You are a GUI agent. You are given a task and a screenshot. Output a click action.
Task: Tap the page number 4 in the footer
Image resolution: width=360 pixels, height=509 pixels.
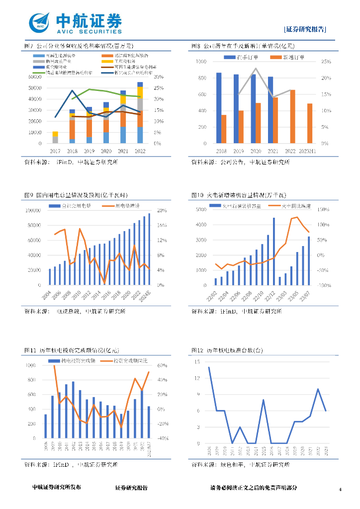[x=340, y=490]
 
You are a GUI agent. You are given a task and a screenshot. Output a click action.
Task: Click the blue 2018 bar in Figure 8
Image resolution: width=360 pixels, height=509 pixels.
[x=219, y=108]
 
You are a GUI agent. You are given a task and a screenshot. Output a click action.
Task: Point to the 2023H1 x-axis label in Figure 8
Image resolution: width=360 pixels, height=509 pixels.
[x=310, y=150]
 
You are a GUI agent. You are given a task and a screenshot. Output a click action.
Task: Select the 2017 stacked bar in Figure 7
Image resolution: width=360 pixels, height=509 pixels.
[x=55, y=137]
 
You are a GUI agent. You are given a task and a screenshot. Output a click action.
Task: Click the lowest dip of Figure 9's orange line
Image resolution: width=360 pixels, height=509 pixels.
[x=104, y=283]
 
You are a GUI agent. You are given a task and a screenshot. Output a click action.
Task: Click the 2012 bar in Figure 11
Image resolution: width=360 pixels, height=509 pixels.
[x=73, y=412]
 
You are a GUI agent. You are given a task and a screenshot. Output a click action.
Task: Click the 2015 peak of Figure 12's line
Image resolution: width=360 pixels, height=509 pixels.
[x=264, y=400]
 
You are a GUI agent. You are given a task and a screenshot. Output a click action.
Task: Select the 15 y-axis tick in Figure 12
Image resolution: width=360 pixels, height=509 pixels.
[x=198, y=362]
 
